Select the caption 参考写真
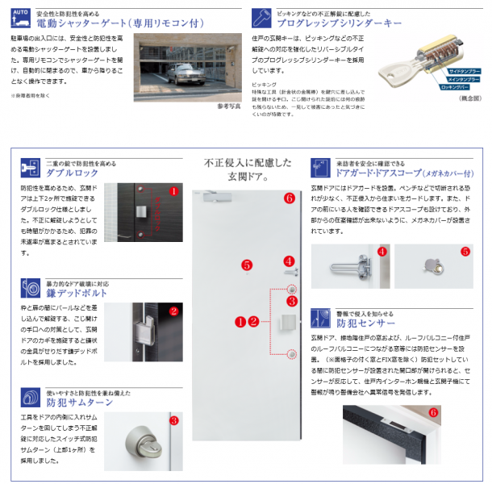click(x=230, y=106)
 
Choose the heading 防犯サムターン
click(x=75, y=401)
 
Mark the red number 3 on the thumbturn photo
click(x=173, y=420)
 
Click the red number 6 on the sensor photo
click(x=434, y=412)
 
